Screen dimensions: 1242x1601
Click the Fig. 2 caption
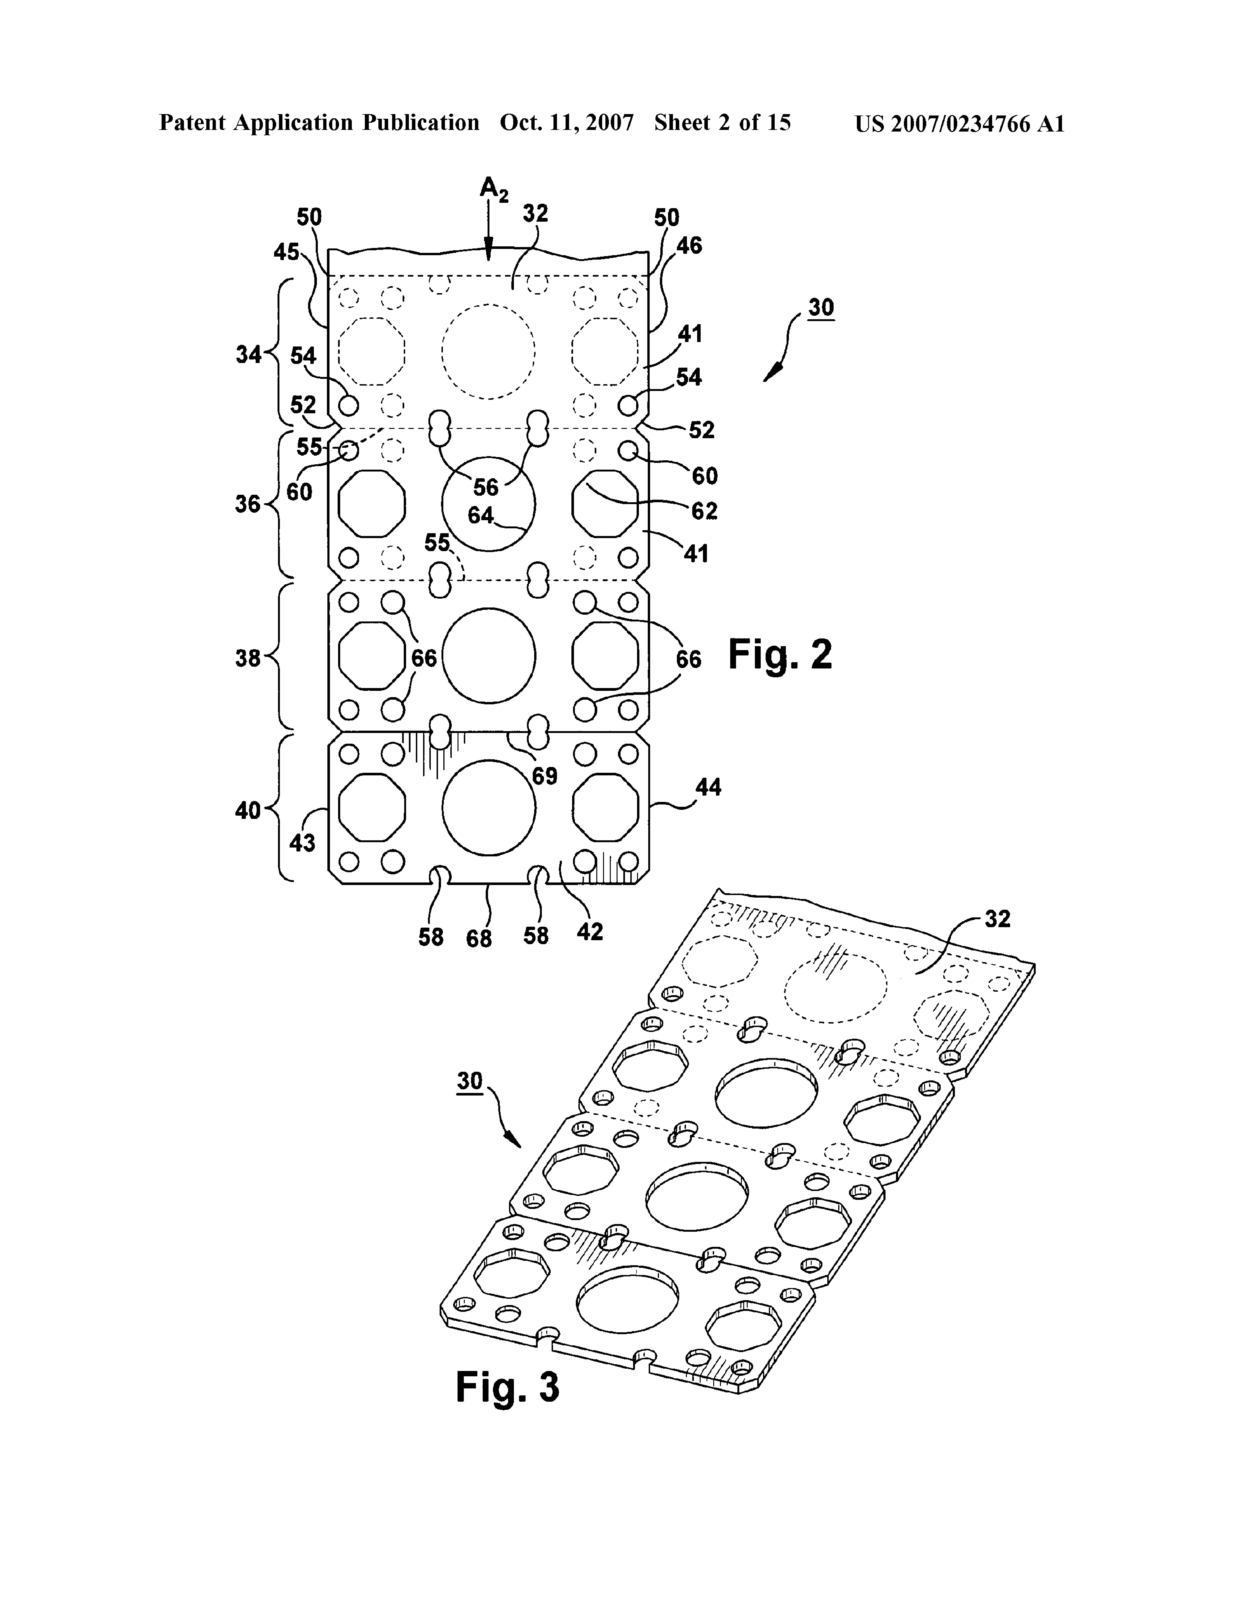tap(780, 655)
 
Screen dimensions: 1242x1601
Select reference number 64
tap(481, 515)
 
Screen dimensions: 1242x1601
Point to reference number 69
tap(545, 776)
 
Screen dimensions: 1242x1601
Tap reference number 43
tap(302, 843)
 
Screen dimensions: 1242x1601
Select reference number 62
tap(705, 511)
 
